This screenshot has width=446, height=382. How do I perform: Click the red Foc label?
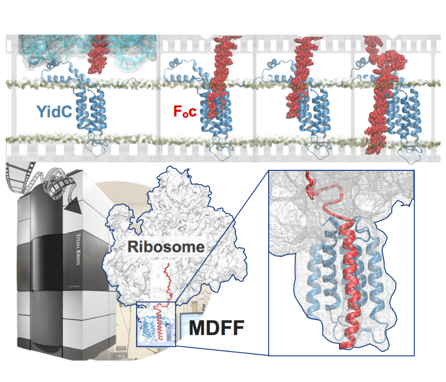185,111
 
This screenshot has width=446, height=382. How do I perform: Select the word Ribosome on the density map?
166,247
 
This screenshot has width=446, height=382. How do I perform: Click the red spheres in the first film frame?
98,52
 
